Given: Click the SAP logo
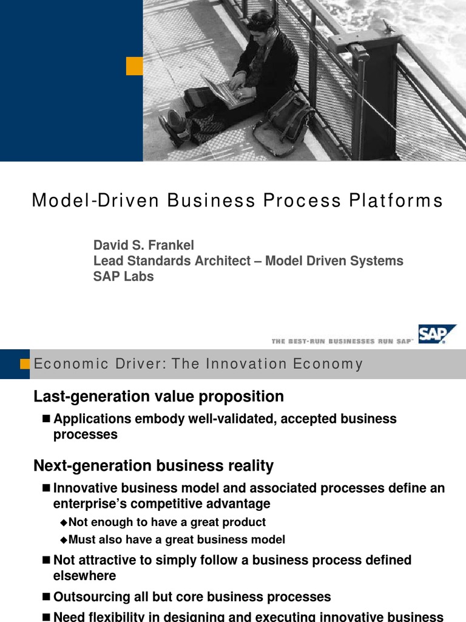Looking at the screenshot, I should tap(437, 334).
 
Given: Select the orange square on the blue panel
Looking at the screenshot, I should tap(134, 66).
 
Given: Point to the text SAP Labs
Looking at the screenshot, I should tap(123, 276).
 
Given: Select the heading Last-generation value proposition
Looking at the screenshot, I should tap(158, 397).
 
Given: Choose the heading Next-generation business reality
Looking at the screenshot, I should tap(154, 466).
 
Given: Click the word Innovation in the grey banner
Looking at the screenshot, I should tap(246, 364).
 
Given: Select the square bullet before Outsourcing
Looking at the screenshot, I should tap(48, 597).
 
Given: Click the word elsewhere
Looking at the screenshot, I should tap(84, 575).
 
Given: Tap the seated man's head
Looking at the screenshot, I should tap(260, 24).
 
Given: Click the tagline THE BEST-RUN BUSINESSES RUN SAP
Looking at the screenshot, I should tap(343, 342).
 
